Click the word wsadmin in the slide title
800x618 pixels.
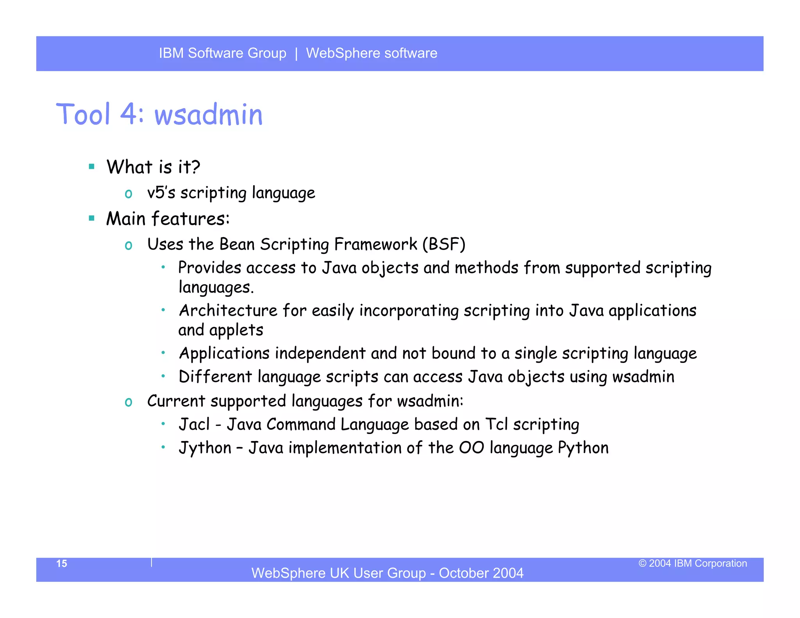pos(209,115)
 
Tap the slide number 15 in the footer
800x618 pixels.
pos(62,563)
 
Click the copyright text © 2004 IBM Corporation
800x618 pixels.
pos(693,563)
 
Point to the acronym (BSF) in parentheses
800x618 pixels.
pos(444,245)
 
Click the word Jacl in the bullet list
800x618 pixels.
pos(194,425)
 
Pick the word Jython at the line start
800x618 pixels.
pos(205,448)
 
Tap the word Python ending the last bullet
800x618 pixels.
pos(583,448)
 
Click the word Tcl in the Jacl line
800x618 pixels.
pos(496,425)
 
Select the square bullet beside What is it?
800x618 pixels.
pos(92,167)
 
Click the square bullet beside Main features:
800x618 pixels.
pos(92,218)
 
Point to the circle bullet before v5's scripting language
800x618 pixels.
pos(129,194)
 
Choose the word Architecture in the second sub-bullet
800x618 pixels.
pos(228,311)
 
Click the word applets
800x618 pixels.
pos(236,330)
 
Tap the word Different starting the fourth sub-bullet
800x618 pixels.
pos(215,377)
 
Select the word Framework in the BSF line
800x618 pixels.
pos(376,245)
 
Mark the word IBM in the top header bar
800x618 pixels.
pos(171,53)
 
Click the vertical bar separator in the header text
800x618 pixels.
pos(296,54)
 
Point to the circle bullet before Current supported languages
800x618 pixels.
pos(129,402)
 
